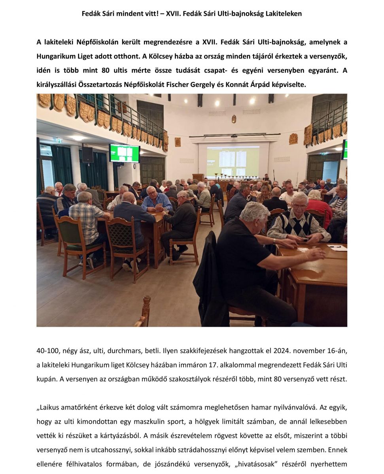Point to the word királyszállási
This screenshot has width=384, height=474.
[59, 85]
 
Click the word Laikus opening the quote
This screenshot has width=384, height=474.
[49, 407]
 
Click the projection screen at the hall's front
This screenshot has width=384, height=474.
[233, 160]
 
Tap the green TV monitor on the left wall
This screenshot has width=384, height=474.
[124, 153]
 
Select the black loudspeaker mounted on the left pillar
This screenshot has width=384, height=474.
[87, 154]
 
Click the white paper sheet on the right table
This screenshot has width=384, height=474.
[337, 248]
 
